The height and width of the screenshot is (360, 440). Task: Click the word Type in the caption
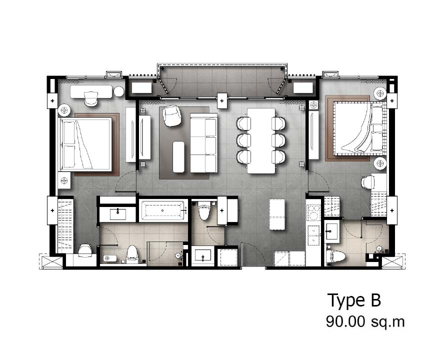345,301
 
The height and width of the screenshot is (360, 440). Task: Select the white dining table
261,141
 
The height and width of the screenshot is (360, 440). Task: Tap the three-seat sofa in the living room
203,142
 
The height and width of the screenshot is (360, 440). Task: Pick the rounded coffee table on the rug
178,157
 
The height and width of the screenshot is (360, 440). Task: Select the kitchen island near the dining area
277,214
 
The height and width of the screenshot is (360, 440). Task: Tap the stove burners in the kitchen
313,212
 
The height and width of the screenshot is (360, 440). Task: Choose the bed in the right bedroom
357,127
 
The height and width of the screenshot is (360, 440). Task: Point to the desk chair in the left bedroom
91,99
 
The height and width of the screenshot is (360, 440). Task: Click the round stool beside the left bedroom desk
119,92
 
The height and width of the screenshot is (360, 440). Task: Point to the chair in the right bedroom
368,182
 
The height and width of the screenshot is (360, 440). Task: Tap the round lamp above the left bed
65,110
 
